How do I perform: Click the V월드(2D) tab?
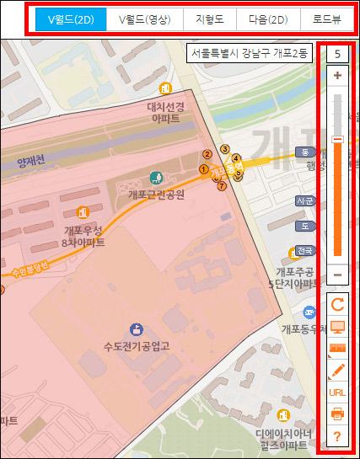pyautogui.click(x=71, y=18)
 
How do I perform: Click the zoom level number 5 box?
pyautogui.click(x=337, y=54)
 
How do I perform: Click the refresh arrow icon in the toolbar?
pyautogui.click(x=337, y=304)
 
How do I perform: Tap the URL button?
pyautogui.click(x=337, y=392)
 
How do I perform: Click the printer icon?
pyautogui.click(x=337, y=414)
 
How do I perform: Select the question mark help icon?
pyautogui.click(x=337, y=435)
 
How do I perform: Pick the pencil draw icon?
pyautogui.click(x=337, y=370)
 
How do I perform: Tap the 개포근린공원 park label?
pyautogui.click(x=156, y=193)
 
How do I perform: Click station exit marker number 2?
pyautogui.click(x=206, y=154)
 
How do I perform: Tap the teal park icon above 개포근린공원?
pyautogui.click(x=155, y=178)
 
